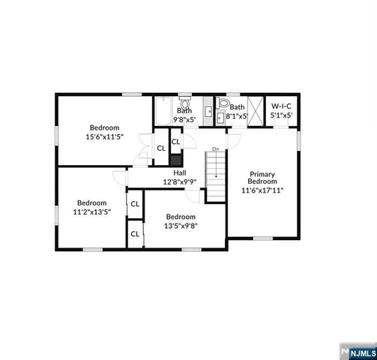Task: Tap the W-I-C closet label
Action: pos(281,106)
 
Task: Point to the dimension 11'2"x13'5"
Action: pos(91,212)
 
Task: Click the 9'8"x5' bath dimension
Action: pos(184,119)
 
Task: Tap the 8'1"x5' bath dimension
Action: pos(238,116)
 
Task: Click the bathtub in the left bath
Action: pos(163,112)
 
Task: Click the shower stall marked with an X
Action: pos(256,111)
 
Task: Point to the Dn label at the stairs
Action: pos(215,149)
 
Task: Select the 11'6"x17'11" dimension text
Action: pos(263,190)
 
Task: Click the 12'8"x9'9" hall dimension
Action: pos(180,181)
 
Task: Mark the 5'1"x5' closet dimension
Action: pos(281,115)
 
